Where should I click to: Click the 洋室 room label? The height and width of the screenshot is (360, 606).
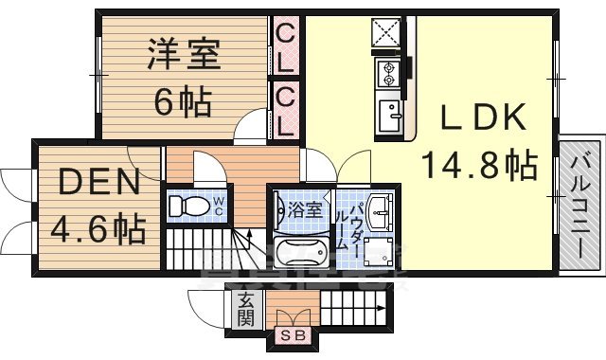pyautogui.click(x=184, y=55)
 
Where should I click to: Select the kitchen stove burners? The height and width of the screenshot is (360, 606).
pyautogui.click(x=388, y=71)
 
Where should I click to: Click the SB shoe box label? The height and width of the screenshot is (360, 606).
pyautogui.click(x=289, y=334)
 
